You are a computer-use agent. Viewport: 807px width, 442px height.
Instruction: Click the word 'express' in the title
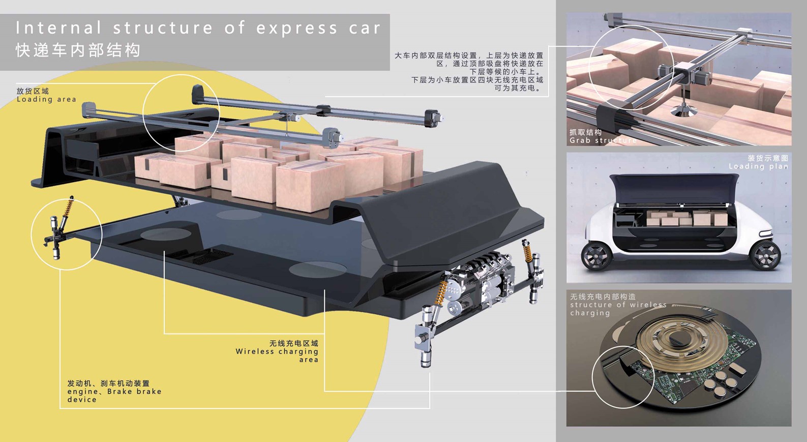[x=296, y=28]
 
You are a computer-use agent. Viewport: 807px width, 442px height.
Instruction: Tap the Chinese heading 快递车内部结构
[x=78, y=50]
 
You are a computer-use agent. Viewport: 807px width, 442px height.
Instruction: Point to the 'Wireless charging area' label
[x=277, y=351]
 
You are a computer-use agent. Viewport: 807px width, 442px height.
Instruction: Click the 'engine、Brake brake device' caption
[x=114, y=392]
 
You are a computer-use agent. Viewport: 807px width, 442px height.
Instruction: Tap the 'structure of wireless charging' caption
[x=618, y=305]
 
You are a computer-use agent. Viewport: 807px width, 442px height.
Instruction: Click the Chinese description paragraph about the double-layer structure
[x=469, y=72]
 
